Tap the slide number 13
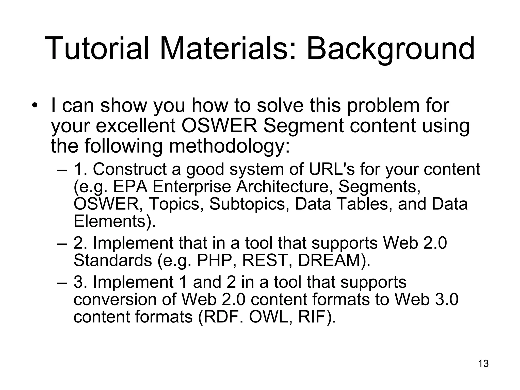pyautogui.click(x=483, y=364)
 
